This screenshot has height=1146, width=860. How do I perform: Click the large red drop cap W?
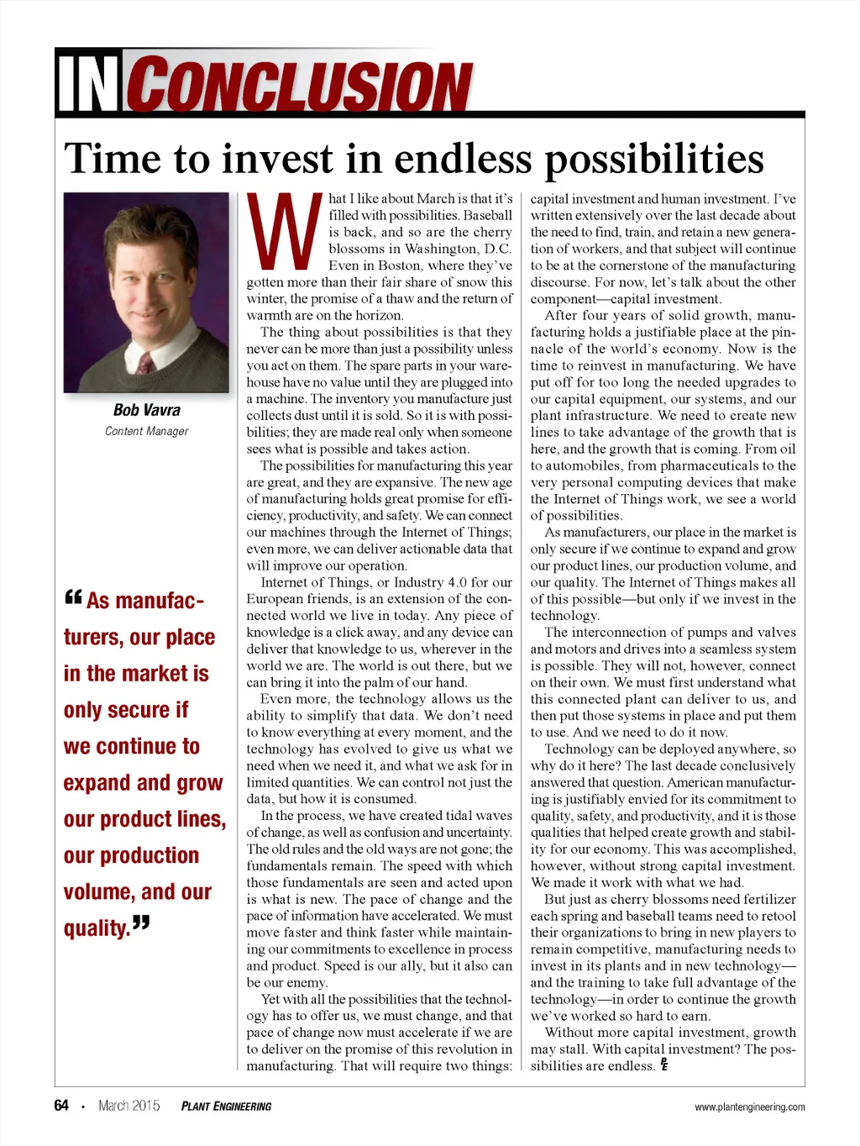(x=285, y=229)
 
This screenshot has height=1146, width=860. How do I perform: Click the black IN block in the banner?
(x=88, y=84)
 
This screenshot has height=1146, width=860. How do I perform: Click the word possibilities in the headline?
(x=654, y=160)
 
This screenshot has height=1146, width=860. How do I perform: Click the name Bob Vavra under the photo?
(x=146, y=410)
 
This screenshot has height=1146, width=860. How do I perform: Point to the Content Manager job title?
(x=146, y=431)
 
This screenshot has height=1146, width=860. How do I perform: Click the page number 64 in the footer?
(x=61, y=1106)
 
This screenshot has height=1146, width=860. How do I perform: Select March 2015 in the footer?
(x=128, y=1106)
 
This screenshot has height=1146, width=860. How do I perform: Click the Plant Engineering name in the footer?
(x=226, y=1107)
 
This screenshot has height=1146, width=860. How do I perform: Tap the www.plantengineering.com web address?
(x=749, y=1107)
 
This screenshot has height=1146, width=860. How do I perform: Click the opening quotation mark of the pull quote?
(x=73, y=597)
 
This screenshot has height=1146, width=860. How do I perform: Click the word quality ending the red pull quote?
(x=96, y=928)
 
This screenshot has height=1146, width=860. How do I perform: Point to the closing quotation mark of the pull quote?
(x=141, y=923)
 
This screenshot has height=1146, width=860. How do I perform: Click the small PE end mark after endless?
(x=664, y=1065)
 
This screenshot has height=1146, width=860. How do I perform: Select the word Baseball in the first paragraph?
(x=487, y=215)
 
